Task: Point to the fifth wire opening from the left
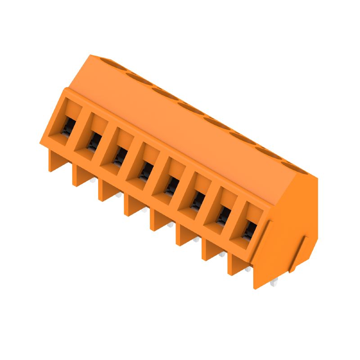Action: [x=171, y=186]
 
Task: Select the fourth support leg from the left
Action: [x=132, y=207]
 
